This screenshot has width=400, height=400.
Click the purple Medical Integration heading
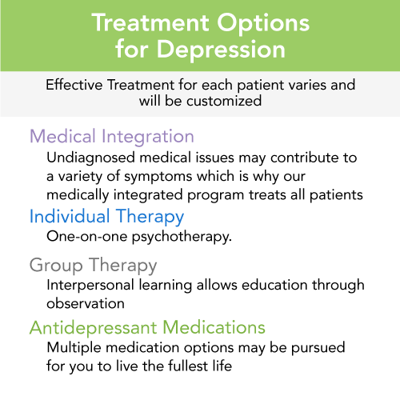click(111, 136)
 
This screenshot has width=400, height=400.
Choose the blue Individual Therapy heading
click(106, 217)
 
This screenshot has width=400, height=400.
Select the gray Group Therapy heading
click(93, 265)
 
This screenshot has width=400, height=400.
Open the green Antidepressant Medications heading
click(146, 327)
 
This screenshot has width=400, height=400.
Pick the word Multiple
click(74, 348)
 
